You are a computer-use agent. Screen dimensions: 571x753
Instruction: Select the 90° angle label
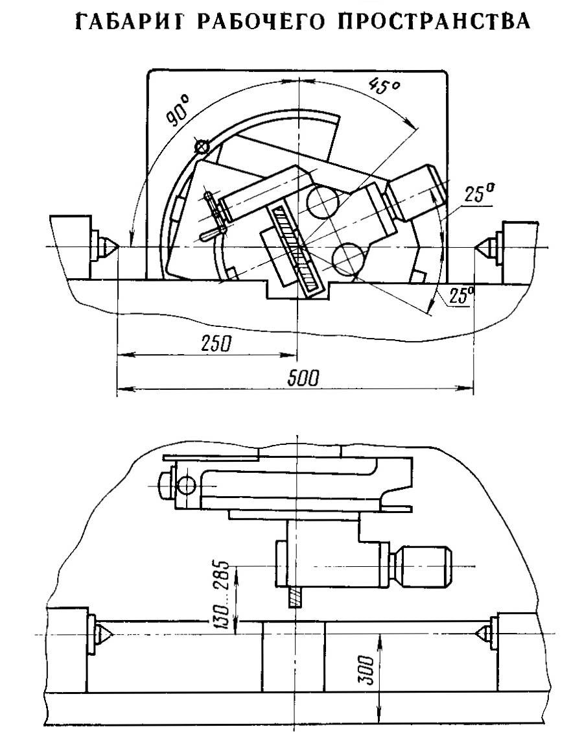point(178,110)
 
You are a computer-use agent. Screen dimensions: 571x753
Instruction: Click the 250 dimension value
point(215,344)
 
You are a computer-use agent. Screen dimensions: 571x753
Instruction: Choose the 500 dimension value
point(303,378)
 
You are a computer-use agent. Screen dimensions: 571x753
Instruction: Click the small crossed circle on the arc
point(202,146)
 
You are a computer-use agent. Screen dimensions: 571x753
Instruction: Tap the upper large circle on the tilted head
point(322,201)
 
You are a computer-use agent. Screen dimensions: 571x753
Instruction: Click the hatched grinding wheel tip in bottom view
point(295,597)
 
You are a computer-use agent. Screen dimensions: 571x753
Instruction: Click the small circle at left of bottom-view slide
point(186,486)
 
